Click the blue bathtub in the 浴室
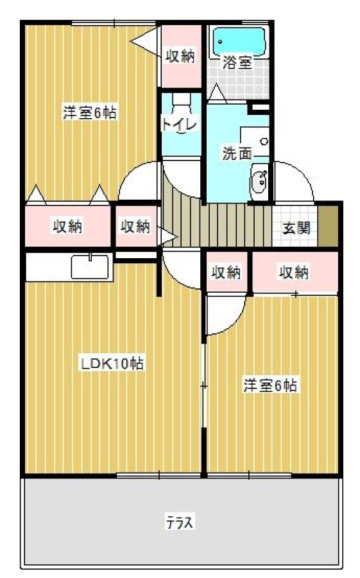pyautogui.click(x=240, y=41)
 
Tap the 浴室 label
pyautogui.click(x=237, y=63)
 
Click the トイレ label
pyautogui.click(x=180, y=124)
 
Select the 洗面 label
pyautogui.click(x=237, y=153)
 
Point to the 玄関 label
pyautogui.click(x=296, y=228)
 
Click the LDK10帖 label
pyautogui.click(x=112, y=364)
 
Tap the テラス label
pyautogui.click(x=180, y=522)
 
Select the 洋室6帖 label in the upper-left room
pyautogui.click(x=90, y=112)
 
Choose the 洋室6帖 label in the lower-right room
pyautogui.click(x=270, y=385)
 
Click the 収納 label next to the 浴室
pyautogui.click(x=180, y=57)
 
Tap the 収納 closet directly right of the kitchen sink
pyautogui.click(x=135, y=226)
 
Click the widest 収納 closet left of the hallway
pyautogui.click(x=67, y=226)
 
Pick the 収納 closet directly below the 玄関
pyautogui.click(x=295, y=273)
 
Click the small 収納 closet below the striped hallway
pyautogui.click(x=226, y=272)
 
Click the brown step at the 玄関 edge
pyautogui.click(x=328, y=226)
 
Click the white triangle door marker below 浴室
pyautogui.click(x=217, y=92)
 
